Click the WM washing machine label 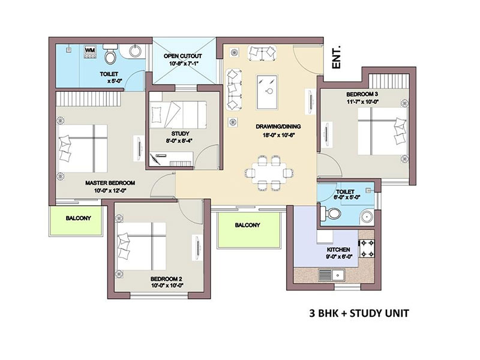(89, 50)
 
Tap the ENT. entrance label (337, 58)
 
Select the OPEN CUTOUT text (183, 56)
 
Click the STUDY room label (181, 133)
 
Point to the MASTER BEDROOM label (110, 183)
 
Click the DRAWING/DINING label (278, 127)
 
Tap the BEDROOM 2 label (167, 279)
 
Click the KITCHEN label (338, 250)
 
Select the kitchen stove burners (367, 248)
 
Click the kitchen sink (332, 275)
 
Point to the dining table (269, 173)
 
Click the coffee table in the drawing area (267, 92)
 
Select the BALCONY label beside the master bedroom (79, 218)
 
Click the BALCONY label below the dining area (247, 225)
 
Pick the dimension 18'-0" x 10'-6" (278, 135)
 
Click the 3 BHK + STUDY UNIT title (359, 313)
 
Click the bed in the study (178, 115)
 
